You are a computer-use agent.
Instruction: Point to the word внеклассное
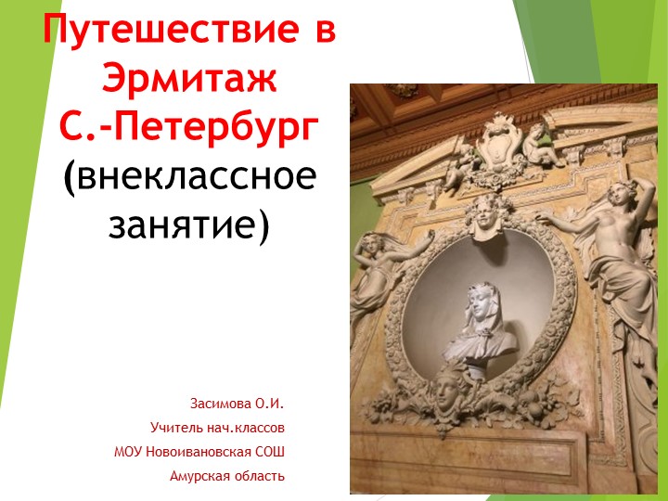tap(196, 175)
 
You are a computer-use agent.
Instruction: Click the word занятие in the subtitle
tap(183, 223)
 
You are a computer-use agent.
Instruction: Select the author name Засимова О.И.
tap(237, 405)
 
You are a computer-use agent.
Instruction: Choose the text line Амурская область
tap(227, 477)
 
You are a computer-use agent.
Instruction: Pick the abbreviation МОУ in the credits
tap(129, 453)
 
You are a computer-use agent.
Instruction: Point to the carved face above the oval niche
tap(483, 216)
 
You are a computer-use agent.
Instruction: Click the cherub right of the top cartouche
tap(540, 146)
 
